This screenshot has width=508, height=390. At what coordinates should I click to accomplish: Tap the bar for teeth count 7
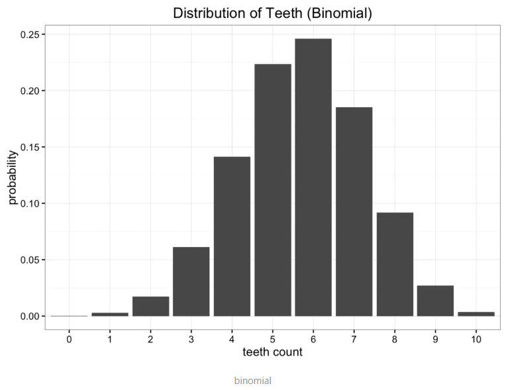[354, 212]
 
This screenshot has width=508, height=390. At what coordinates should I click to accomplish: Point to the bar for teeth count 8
[395, 264]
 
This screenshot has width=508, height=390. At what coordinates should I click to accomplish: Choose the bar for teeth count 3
[191, 281]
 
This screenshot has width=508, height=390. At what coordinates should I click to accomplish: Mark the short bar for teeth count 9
[435, 301]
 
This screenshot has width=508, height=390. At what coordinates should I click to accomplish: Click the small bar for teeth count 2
[150, 306]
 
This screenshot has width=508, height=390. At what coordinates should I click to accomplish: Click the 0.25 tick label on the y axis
[29, 34]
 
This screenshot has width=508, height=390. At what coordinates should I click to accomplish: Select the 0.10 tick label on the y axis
[29, 203]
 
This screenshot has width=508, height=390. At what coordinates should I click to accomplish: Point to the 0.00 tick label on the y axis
[29, 317]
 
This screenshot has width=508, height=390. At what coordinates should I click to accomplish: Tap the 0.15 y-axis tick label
[29, 147]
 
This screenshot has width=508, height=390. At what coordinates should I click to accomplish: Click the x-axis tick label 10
[476, 339]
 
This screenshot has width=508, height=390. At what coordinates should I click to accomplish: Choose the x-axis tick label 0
[69, 339]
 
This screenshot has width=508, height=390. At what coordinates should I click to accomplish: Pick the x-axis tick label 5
[272, 339]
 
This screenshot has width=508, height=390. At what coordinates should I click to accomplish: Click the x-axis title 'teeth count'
[272, 352]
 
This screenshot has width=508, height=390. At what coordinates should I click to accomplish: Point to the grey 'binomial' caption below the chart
[252, 381]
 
